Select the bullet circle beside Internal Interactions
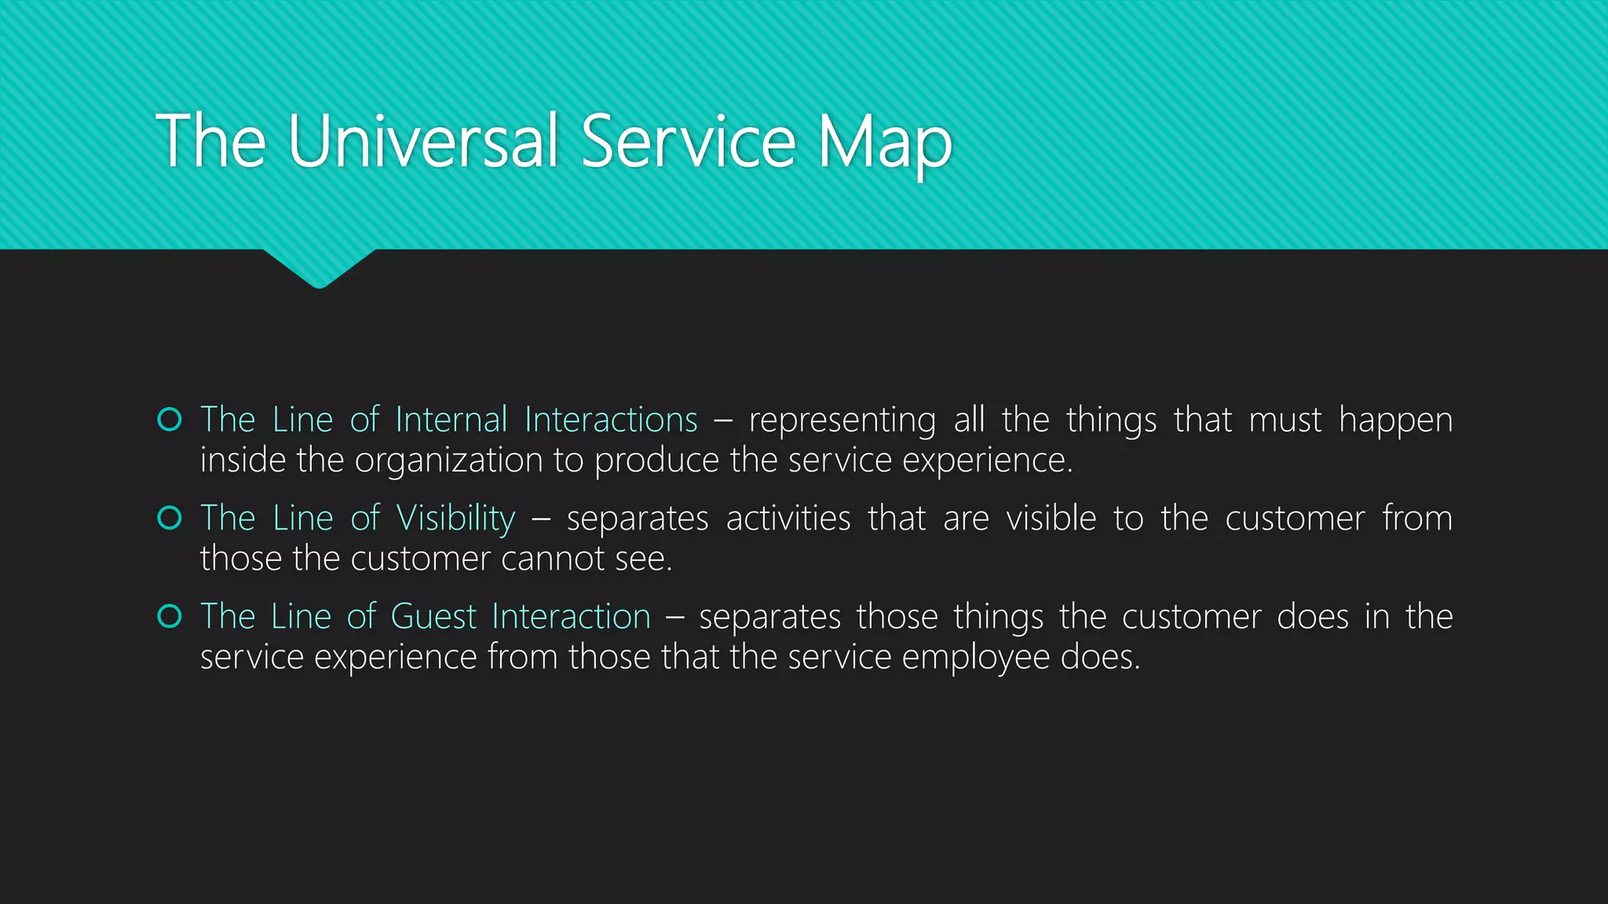[170, 420]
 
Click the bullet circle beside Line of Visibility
[170, 518]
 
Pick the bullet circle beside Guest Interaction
[170, 617]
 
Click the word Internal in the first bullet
[451, 420]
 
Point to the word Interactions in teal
[611, 420]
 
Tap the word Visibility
[455, 519]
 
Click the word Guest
[433, 617]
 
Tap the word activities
[788, 519]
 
